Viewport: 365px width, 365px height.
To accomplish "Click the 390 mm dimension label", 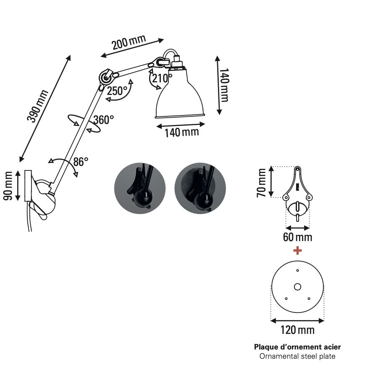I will [38, 106].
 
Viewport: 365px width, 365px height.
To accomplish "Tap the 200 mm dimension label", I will [129, 42].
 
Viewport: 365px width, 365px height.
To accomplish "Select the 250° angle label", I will [117, 90].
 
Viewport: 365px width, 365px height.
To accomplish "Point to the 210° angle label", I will [162, 78].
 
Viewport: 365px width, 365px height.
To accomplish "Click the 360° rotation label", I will [103, 120].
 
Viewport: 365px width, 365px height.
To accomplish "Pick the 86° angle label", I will [81, 161].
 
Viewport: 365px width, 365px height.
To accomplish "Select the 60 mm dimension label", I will [297, 237].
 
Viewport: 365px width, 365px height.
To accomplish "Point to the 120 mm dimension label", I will [297, 330].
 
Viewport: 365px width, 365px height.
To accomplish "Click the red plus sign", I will [297, 251].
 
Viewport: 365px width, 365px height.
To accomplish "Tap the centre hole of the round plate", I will [297, 287].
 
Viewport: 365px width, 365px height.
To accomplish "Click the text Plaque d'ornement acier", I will [297, 347].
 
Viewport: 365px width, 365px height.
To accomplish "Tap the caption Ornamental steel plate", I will [297, 357].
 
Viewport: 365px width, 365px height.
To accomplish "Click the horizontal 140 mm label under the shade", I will [181, 133].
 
